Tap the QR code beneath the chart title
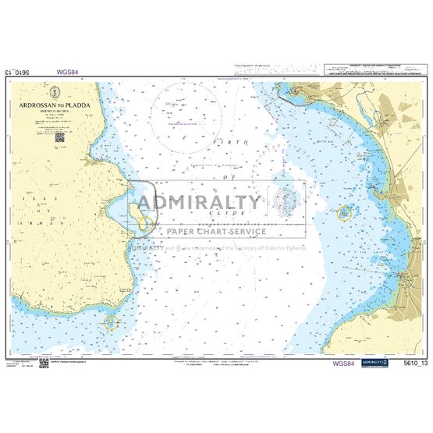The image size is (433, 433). tap(59, 137)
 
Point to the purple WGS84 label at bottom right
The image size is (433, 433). tap(345, 363)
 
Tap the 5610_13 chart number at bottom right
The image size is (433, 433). tap(410, 363)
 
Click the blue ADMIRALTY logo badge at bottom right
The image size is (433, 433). tap(380, 363)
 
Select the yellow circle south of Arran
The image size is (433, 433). tap(110, 321)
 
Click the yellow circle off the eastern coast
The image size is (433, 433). tap(344, 211)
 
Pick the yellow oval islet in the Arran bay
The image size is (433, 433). tap(143, 223)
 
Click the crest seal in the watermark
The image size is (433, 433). tap(286, 201)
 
